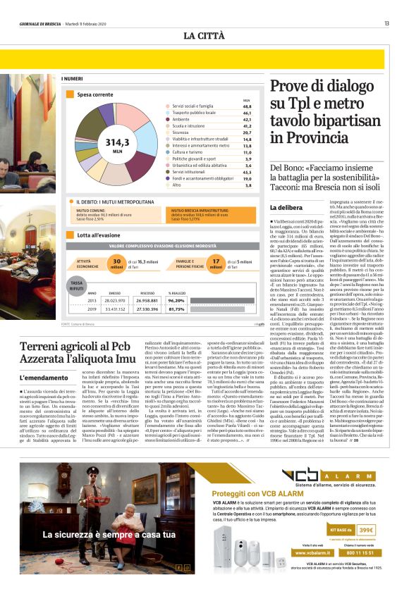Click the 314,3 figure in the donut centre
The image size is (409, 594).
(x=116, y=142)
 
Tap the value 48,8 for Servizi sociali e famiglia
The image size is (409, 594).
(x=246, y=106)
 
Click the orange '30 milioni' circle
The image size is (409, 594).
(x=117, y=264)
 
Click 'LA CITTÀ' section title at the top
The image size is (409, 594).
(x=204, y=35)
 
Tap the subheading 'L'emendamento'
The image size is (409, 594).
(x=39, y=378)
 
